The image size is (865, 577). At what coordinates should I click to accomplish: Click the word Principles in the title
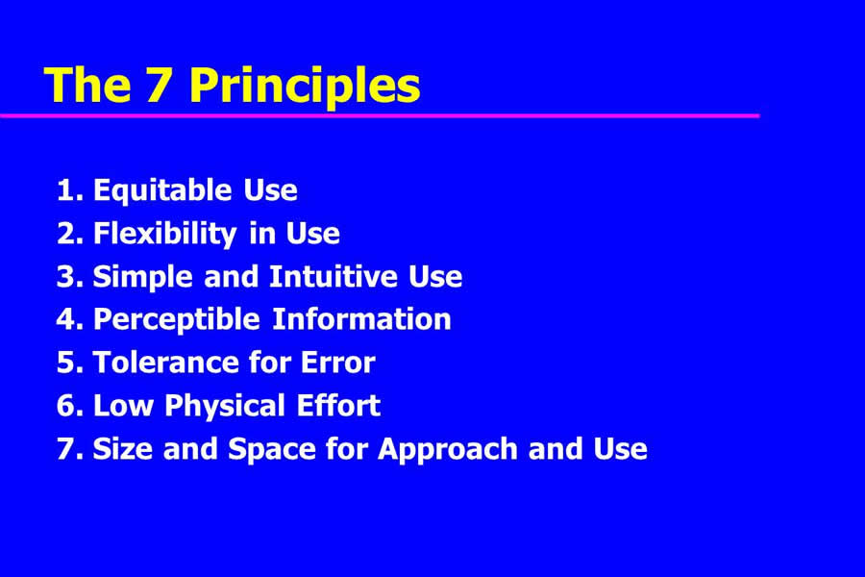(x=305, y=87)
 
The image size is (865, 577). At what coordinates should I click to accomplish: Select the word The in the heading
(x=87, y=85)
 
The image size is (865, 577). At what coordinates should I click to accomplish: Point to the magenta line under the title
(x=380, y=116)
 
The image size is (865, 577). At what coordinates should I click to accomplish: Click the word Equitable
(x=162, y=191)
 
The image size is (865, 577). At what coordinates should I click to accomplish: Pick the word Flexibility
(x=165, y=234)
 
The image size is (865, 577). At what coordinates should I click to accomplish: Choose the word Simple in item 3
(x=142, y=277)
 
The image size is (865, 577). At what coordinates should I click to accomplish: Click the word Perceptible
(x=177, y=320)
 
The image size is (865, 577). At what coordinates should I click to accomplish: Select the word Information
(x=362, y=319)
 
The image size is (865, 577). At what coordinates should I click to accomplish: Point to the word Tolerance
(x=165, y=363)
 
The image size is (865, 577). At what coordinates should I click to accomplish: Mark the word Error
(x=337, y=363)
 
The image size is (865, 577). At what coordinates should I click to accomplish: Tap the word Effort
(x=338, y=406)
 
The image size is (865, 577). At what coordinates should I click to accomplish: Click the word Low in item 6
(x=123, y=406)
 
